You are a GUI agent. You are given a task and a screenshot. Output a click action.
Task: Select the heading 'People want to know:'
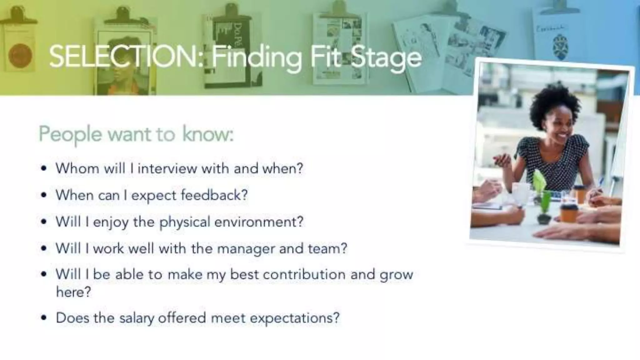pos(136,134)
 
